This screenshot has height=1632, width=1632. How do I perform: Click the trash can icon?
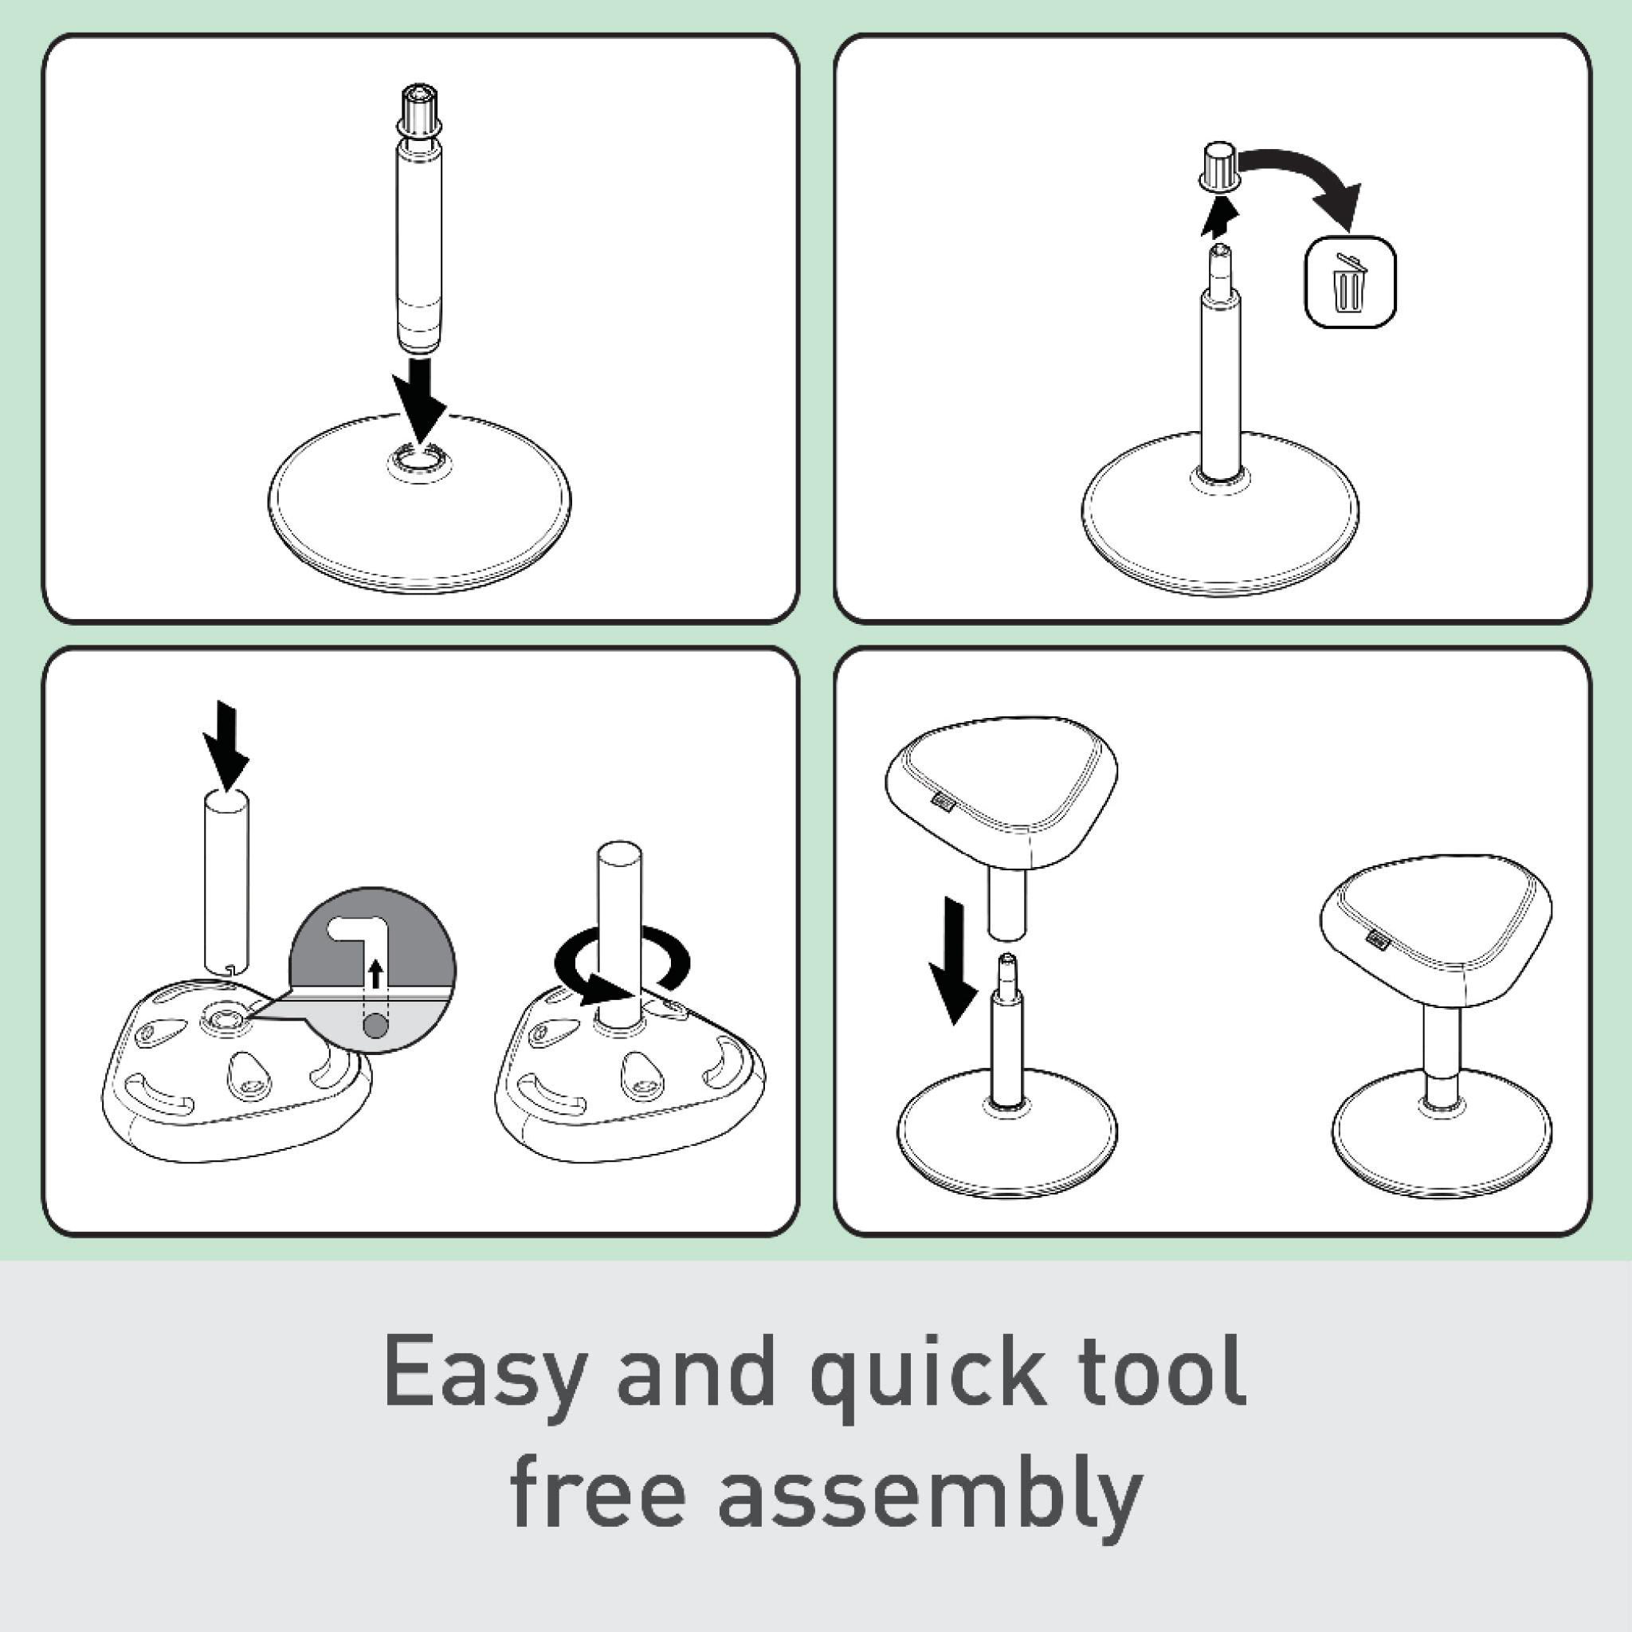[1350, 281]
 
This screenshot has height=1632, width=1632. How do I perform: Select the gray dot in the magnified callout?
[376, 1026]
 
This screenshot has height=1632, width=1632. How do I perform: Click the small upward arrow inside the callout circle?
[376, 974]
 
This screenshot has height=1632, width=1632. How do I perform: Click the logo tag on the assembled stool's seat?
[1377, 937]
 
